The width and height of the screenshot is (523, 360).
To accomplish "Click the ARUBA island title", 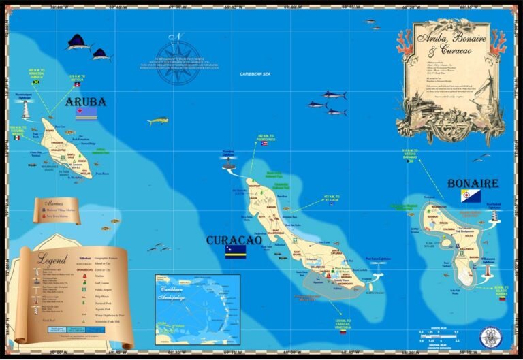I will (x=86, y=102).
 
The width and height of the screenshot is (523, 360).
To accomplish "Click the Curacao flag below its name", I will (x=235, y=252).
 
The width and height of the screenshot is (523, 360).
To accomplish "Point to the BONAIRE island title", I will (x=473, y=184).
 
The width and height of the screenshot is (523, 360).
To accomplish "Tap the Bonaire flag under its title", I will (x=471, y=196).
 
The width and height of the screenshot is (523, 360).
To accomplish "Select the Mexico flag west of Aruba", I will (x=16, y=137).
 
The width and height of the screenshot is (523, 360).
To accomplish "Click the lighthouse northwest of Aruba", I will (x=25, y=109).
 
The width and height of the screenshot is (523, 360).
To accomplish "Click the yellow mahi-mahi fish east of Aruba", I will (x=157, y=122).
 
